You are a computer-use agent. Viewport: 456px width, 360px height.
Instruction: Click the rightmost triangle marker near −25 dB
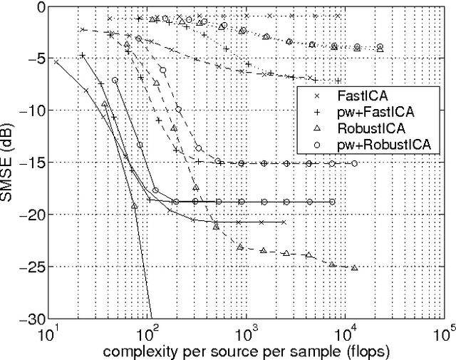(x=354, y=268)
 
